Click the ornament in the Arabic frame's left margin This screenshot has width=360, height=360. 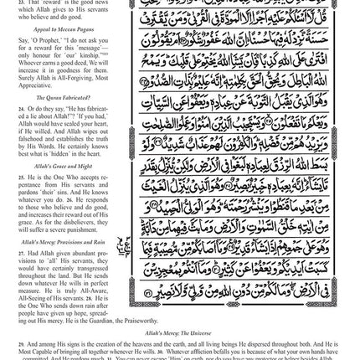128,247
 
